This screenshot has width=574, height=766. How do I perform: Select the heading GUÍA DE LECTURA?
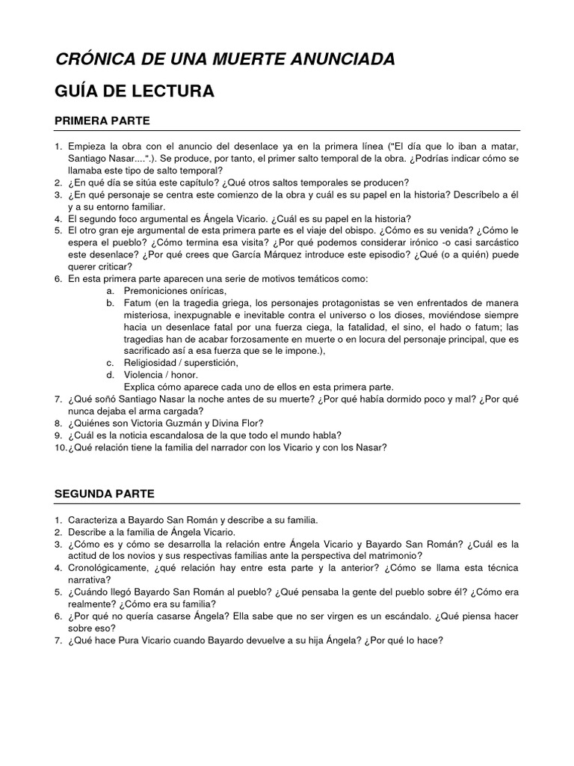click(x=135, y=91)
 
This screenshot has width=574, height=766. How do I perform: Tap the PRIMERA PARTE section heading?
click(x=102, y=120)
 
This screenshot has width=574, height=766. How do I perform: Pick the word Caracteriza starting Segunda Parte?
click(x=95, y=519)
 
